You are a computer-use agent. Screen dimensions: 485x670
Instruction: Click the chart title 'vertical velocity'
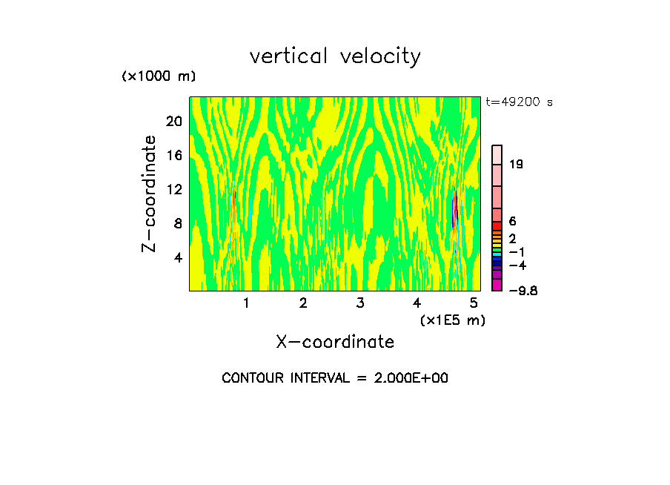[x=335, y=56]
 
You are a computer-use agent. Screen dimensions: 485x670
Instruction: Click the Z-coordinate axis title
[x=150, y=194]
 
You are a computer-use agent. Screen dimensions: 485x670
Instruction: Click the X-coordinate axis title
[x=335, y=342]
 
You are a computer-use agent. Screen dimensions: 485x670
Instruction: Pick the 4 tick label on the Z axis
[x=177, y=258]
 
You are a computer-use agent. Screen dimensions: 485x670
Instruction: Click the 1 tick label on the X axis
[x=246, y=303]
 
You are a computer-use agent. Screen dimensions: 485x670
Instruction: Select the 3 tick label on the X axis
[x=360, y=303]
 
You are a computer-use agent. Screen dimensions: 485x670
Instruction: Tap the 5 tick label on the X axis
[x=474, y=303]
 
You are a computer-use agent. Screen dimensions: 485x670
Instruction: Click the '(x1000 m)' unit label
[x=159, y=77]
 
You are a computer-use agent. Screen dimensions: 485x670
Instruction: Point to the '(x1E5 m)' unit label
[x=453, y=320]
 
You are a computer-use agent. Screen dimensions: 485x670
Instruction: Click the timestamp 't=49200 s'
[x=519, y=102]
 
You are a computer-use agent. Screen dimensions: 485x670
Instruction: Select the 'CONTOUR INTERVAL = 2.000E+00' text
[x=335, y=378]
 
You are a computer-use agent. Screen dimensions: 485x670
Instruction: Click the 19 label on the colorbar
[x=517, y=165]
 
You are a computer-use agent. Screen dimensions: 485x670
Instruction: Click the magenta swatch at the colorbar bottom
[x=497, y=285]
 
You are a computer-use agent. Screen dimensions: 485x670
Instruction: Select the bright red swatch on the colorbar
[x=497, y=226]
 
